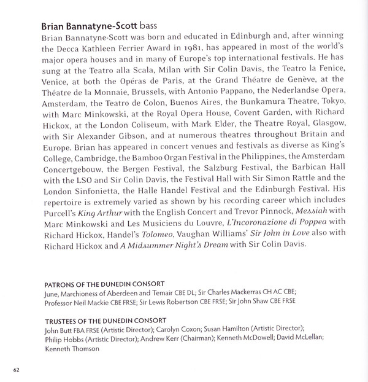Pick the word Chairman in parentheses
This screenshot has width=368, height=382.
click(x=209, y=338)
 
